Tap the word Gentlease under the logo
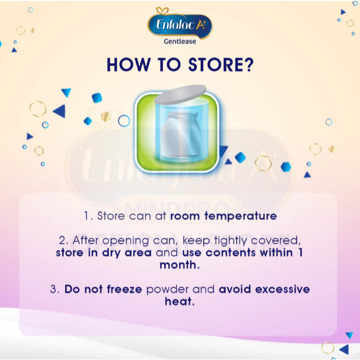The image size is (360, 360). [x=180, y=41]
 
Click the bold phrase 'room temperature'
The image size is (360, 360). [x=224, y=216]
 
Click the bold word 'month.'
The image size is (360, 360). [x=180, y=265]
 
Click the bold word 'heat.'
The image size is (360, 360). [x=180, y=301]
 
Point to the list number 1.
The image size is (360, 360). [x=86, y=216]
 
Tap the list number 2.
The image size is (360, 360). [x=62, y=241]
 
